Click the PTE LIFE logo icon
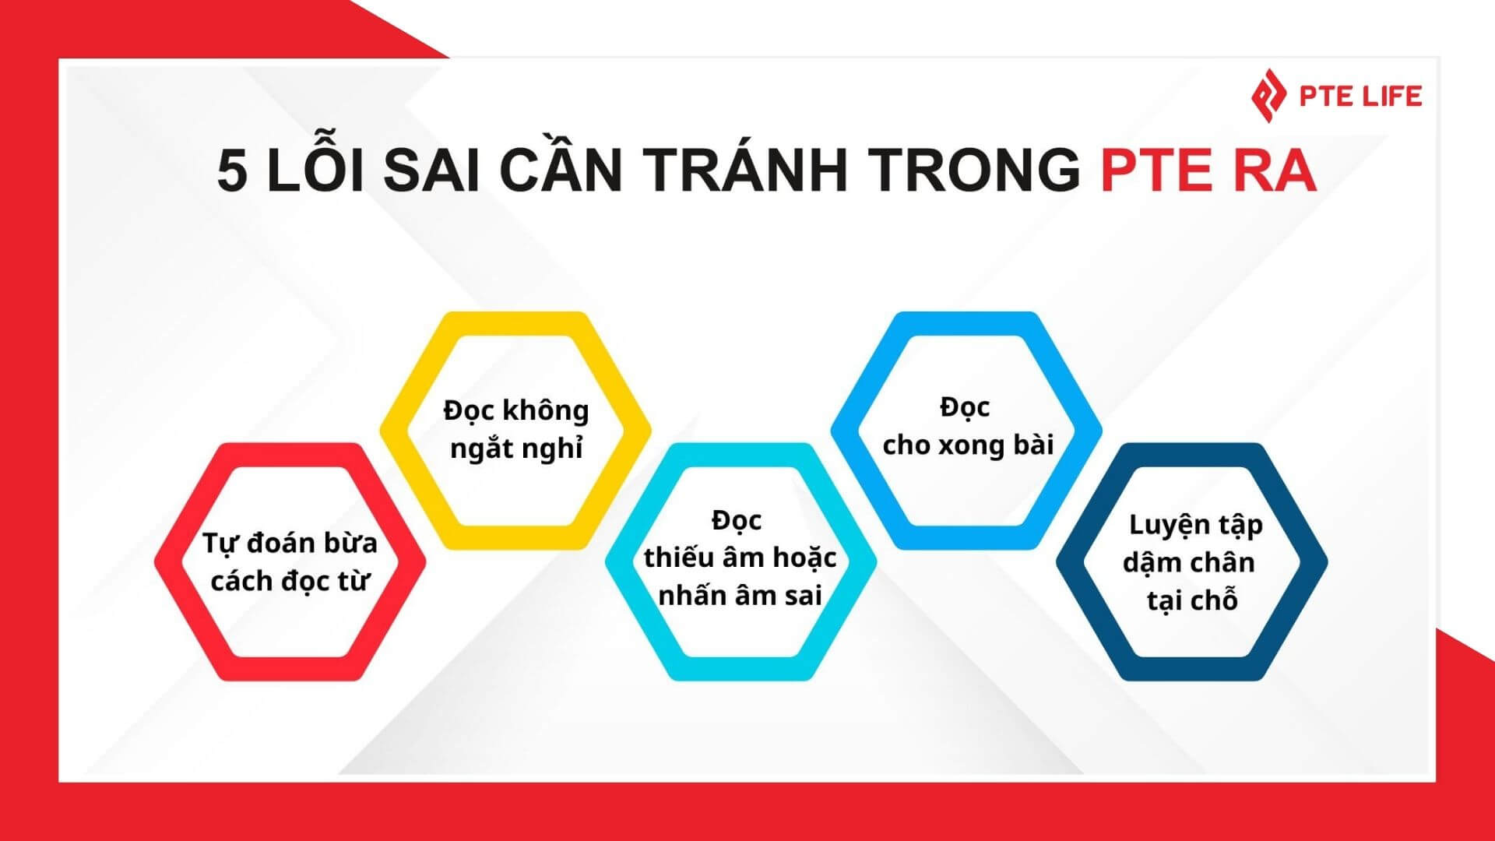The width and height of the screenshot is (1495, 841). click(1268, 96)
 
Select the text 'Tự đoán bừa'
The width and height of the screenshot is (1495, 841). click(290, 544)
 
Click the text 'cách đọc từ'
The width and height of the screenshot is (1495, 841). click(290, 581)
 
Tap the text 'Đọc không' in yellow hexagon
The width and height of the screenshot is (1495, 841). click(516, 410)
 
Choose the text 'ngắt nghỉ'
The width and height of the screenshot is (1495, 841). click(516, 449)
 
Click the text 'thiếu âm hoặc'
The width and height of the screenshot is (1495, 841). click(740, 558)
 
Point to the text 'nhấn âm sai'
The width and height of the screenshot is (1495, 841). click(740, 596)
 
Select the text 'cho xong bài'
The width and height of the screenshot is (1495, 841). click(968, 445)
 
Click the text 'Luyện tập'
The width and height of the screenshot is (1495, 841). click(1195, 526)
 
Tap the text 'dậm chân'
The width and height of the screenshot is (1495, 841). click(1189, 562)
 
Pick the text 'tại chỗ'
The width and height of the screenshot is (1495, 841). click(1192, 600)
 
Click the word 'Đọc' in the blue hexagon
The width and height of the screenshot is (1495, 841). click(965, 407)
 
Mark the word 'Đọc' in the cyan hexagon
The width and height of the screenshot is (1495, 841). click(737, 520)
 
